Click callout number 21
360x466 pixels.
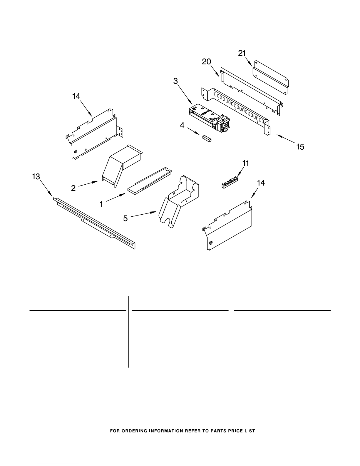pyautogui.click(x=242, y=53)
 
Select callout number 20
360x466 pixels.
pyautogui.click(x=207, y=62)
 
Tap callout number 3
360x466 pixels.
pyautogui.click(x=175, y=81)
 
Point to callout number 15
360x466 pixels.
pyautogui.click(x=300, y=146)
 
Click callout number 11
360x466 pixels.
pyautogui.click(x=246, y=163)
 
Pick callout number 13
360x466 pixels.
pyautogui.click(x=36, y=176)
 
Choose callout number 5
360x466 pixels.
pyautogui.click(x=125, y=218)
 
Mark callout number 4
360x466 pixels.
pyautogui.click(x=182, y=126)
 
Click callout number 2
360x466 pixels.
pyautogui.click(x=73, y=188)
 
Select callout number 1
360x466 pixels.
pyautogui.click(x=101, y=204)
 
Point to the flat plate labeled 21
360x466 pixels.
pyautogui.click(x=270, y=78)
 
